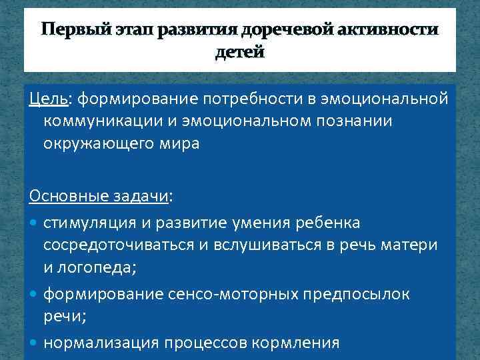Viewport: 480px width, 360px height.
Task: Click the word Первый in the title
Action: (x=73, y=30)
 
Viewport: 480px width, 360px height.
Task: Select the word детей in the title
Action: (x=240, y=52)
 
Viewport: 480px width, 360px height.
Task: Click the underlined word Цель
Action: (x=47, y=99)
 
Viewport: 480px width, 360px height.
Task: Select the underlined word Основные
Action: (x=64, y=198)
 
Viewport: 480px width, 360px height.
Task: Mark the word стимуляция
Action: (x=87, y=221)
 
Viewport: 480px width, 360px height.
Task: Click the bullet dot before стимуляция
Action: (x=34, y=221)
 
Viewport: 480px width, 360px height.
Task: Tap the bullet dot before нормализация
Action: (x=34, y=343)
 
